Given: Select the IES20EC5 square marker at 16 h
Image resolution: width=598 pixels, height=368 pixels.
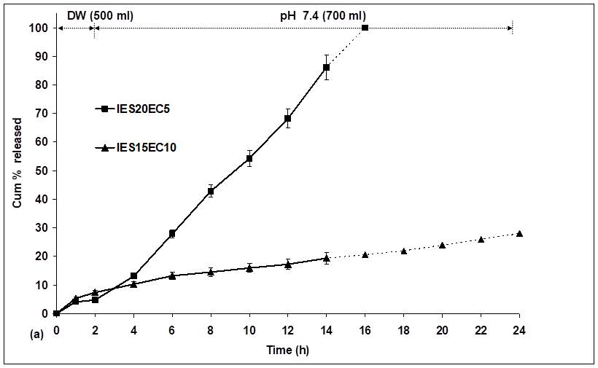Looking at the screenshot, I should click(x=365, y=28).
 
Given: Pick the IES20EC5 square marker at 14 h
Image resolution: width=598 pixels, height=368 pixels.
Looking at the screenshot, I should click(x=326, y=68).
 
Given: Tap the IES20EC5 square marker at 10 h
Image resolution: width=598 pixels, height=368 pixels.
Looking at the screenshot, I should click(x=249, y=158).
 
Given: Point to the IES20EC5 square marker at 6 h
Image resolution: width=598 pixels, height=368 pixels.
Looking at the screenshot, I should click(x=172, y=233).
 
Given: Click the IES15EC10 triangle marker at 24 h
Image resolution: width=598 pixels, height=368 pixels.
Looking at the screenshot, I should click(x=519, y=233).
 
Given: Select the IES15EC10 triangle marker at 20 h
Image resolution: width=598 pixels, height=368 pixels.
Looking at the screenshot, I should click(x=442, y=245).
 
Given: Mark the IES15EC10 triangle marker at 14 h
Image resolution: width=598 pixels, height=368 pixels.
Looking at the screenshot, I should click(x=326, y=258).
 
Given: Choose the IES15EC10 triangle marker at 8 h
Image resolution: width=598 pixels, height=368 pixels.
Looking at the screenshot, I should click(x=211, y=272).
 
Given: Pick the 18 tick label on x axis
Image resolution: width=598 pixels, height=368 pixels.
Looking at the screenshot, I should click(x=403, y=329).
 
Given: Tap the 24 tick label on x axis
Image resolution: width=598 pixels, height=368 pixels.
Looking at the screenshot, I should click(x=519, y=329).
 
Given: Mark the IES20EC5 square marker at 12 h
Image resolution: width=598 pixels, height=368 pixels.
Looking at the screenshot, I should click(x=288, y=118).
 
